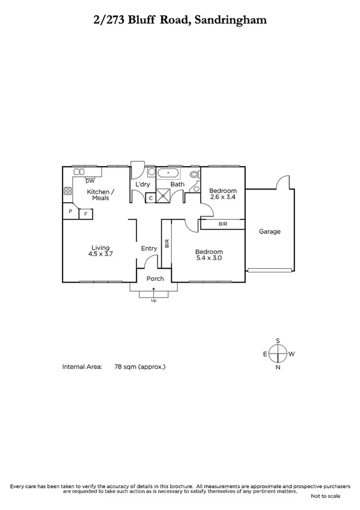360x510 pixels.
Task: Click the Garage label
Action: coord(269,232)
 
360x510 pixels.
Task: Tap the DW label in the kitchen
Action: coord(90,180)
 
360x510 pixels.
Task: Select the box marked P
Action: coord(70,212)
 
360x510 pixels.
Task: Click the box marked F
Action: coord(85,214)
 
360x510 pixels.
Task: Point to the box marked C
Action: coord(150,197)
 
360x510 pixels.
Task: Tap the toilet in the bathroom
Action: coord(194,175)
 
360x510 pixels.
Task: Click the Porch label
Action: coord(155,278)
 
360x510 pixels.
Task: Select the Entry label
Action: coord(148,248)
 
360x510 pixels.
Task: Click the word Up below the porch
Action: coord(154,300)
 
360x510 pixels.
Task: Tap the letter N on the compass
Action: coord(278,367)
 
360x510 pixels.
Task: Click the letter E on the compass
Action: coord(264,354)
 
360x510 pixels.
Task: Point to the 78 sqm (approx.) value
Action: coord(139,366)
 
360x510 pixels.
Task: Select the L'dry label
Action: coord(142,184)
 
